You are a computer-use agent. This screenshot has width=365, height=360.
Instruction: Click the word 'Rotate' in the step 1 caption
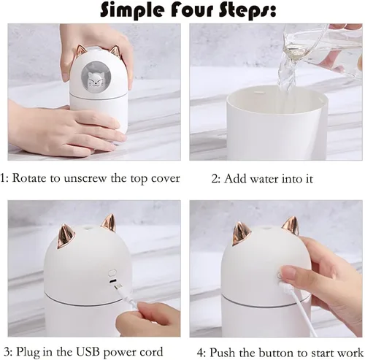point(29,178)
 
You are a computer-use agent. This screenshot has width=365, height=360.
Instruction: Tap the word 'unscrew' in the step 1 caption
point(85,179)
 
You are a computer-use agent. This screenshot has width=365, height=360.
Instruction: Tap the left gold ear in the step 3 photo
point(66,236)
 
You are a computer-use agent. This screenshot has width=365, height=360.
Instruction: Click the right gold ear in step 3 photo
point(109,222)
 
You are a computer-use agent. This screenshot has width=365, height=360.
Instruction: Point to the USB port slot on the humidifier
point(112,281)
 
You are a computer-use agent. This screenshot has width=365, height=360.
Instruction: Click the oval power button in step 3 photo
point(112,272)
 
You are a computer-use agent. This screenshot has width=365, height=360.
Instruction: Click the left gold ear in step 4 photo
point(241,234)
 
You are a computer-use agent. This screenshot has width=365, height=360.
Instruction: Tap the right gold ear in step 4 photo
point(291,226)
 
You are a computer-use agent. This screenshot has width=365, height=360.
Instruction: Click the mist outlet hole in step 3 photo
point(86,229)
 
